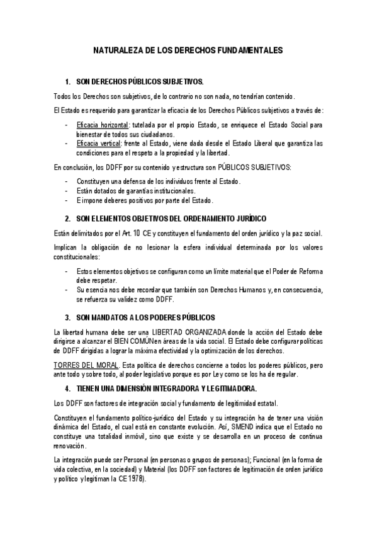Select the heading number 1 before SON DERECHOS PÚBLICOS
coord(67,82)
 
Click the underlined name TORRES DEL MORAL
coord(81,365)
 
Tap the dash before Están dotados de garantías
coord(67,191)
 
